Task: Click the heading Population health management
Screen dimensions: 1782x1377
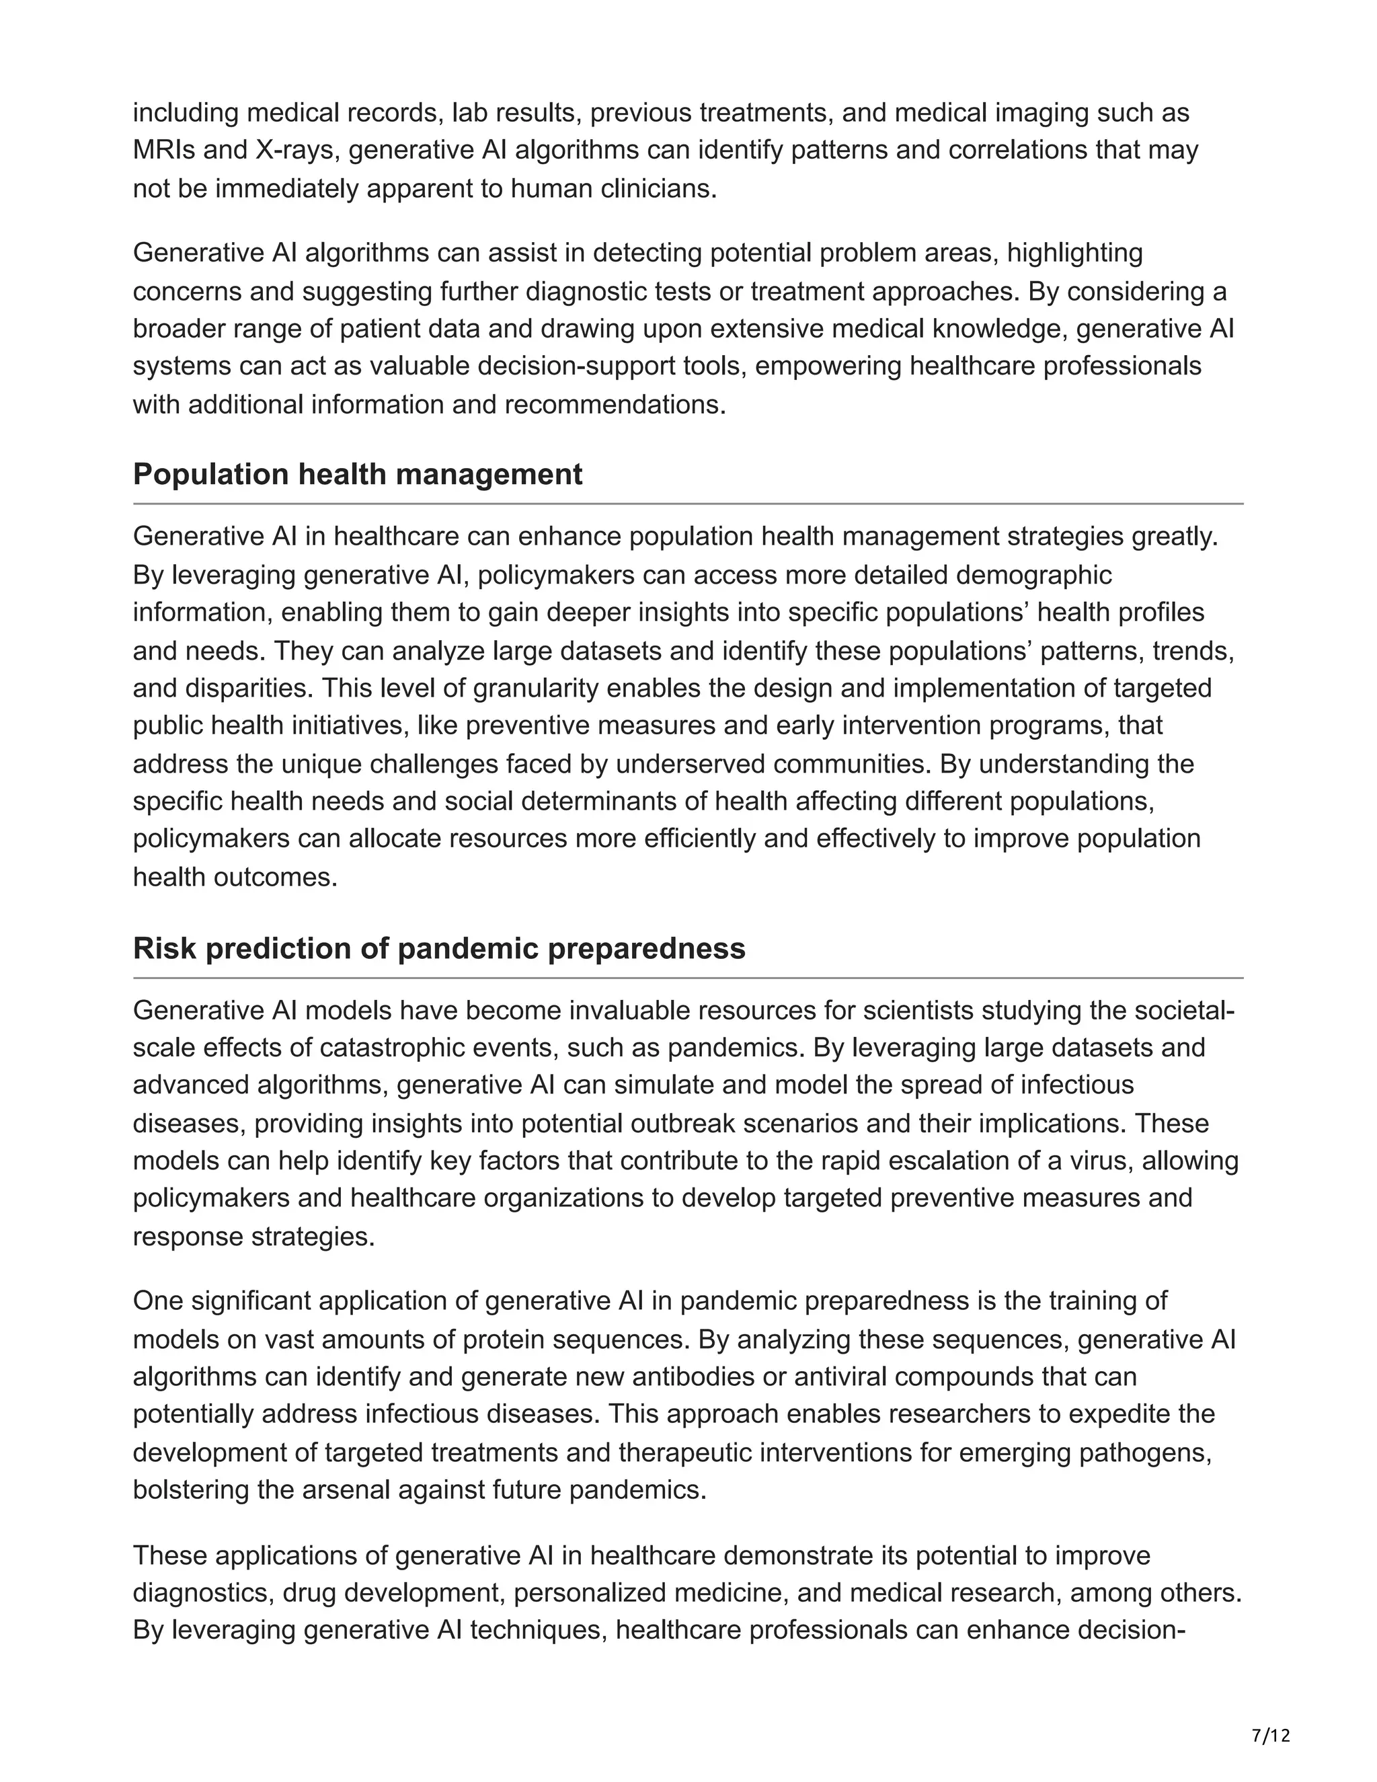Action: coord(357,475)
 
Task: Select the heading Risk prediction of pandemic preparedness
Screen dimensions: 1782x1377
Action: coord(439,948)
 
